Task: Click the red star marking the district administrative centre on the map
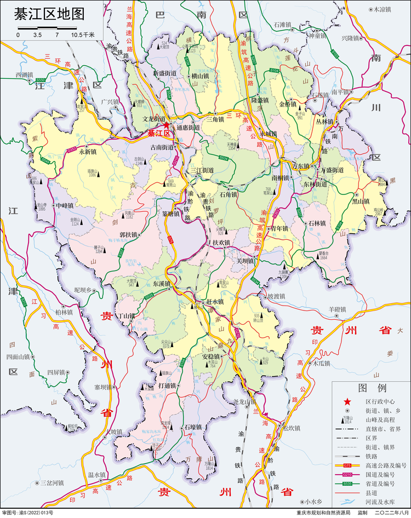167,125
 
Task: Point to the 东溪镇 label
162,284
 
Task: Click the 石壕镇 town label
193,427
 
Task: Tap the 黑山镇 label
361,201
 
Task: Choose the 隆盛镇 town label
260,100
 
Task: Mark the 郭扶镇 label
128,235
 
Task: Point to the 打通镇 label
167,385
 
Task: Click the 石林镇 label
317,223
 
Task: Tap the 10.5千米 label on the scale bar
83,34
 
